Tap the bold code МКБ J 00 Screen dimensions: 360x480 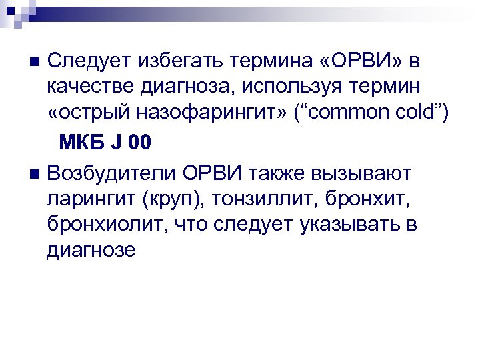click(x=105, y=142)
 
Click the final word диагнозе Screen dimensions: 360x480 click(x=91, y=249)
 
